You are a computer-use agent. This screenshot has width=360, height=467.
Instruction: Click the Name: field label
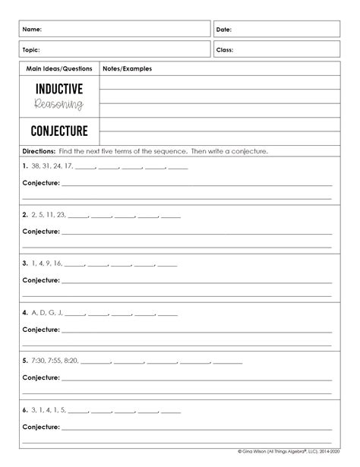(32, 30)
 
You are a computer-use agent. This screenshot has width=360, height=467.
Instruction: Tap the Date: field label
(224, 30)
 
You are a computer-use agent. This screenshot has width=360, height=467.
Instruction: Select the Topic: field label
(32, 50)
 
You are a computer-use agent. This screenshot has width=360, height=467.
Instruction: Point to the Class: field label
(225, 50)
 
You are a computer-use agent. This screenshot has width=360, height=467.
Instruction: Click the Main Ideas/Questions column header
(58, 69)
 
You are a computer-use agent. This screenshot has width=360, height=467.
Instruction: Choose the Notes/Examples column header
(127, 69)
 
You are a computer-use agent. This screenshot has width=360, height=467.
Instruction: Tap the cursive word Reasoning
(58, 104)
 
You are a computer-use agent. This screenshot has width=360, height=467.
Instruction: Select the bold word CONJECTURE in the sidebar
(58, 130)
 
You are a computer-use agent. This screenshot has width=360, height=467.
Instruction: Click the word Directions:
(38, 151)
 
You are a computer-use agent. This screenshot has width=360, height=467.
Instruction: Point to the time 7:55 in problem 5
(51, 360)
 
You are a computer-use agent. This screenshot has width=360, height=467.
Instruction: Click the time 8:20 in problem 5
(71, 360)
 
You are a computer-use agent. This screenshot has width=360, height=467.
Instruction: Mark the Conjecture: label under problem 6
(41, 426)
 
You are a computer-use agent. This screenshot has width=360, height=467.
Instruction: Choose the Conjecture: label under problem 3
(41, 280)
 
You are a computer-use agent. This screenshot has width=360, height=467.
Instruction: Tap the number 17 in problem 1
(68, 165)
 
